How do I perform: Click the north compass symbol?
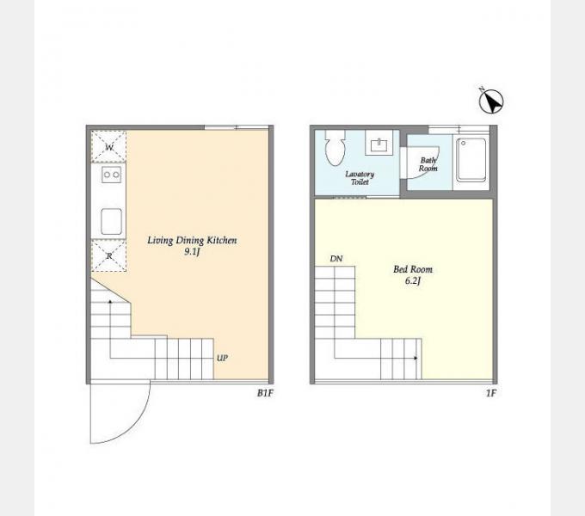point(491,101)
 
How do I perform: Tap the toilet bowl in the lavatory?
point(335,148)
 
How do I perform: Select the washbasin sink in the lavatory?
point(379,143)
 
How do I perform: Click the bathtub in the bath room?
point(471,160)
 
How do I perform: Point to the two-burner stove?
point(111,175)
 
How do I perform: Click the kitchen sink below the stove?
point(111,222)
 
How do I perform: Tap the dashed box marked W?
point(109,146)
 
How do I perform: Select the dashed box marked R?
point(109,255)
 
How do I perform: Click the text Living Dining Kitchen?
point(192,241)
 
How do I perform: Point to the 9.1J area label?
point(192,252)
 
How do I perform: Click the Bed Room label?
point(413,269)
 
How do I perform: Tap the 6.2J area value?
point(413,280)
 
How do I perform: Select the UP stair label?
point(222,358)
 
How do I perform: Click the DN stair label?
point(336,258)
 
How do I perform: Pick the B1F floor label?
point(265,393)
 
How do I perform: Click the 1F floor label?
point(491,393)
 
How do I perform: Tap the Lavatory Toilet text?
point(360,178)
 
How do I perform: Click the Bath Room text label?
point(428,164)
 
